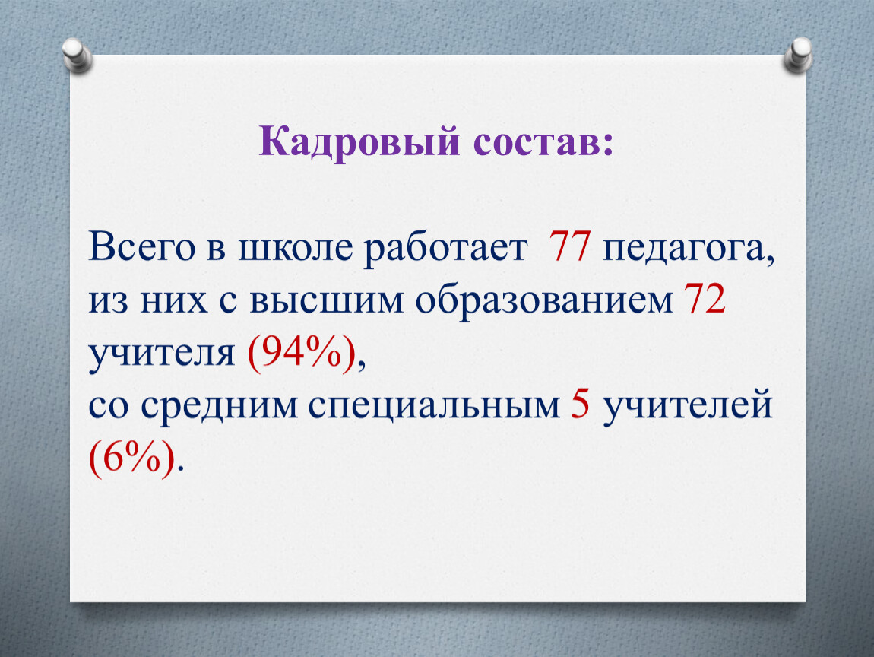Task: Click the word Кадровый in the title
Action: (x=359, y=142)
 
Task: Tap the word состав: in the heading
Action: (x=543, y=144)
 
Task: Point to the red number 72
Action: (x=705, y=299)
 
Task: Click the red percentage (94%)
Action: (x=301, y=354)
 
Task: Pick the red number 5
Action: (x=580, y=405)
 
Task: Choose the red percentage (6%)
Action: (x=131, y=459)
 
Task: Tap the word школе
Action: (x=296, y=248)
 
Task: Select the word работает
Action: (x=445, y=249)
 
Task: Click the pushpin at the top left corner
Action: (x=77, y=56)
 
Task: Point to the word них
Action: (x=173, y=301)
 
